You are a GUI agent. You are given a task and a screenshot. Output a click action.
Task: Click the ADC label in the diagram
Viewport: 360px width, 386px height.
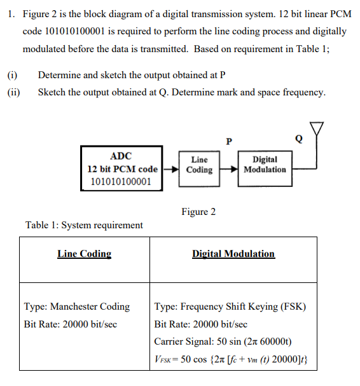(x=121, y=156)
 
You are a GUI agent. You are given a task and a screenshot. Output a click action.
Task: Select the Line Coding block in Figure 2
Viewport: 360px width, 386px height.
(x=199, y=165)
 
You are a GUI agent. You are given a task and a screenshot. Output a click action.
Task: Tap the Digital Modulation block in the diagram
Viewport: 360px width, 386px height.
(x=265, y=165)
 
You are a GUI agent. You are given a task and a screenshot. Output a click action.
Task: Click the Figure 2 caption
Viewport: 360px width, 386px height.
(x=198, y=212)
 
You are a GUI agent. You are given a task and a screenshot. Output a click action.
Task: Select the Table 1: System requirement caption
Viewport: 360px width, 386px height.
(x=84, y=224)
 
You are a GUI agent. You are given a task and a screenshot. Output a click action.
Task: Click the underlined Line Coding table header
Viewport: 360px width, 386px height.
(x=84, y=254)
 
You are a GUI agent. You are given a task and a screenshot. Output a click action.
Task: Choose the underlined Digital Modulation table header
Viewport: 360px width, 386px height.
(x=233, y=254)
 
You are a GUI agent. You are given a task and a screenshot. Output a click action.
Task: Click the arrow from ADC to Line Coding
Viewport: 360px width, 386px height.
(x=170, y=170)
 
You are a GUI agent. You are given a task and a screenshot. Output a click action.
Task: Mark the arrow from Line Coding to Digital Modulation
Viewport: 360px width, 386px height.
(x=228, y=170)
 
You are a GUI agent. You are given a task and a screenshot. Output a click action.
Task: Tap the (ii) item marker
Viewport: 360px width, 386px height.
(x=13, y=92)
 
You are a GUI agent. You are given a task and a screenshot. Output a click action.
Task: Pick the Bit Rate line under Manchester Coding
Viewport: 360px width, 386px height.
(x=70, y=324)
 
